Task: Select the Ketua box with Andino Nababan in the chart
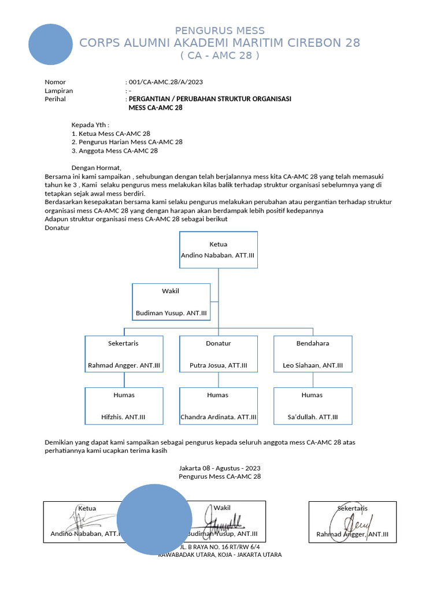[218, 250]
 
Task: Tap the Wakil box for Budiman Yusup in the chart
[171, 302]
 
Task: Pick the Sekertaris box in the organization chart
[124, 354]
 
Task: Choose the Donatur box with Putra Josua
[218, 354]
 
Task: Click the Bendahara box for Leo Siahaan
[313, 354]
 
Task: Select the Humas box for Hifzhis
[124, 406]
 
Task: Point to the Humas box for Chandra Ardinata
[218, 406]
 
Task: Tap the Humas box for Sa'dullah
[313, 406]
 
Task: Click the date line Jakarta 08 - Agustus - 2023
[220, 468]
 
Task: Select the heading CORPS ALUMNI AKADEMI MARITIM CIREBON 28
[220, 43]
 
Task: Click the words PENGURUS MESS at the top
[220, 31]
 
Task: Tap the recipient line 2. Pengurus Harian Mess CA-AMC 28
[127, 142]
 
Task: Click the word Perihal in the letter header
[55, 99]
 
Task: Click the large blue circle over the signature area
[154, 519]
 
